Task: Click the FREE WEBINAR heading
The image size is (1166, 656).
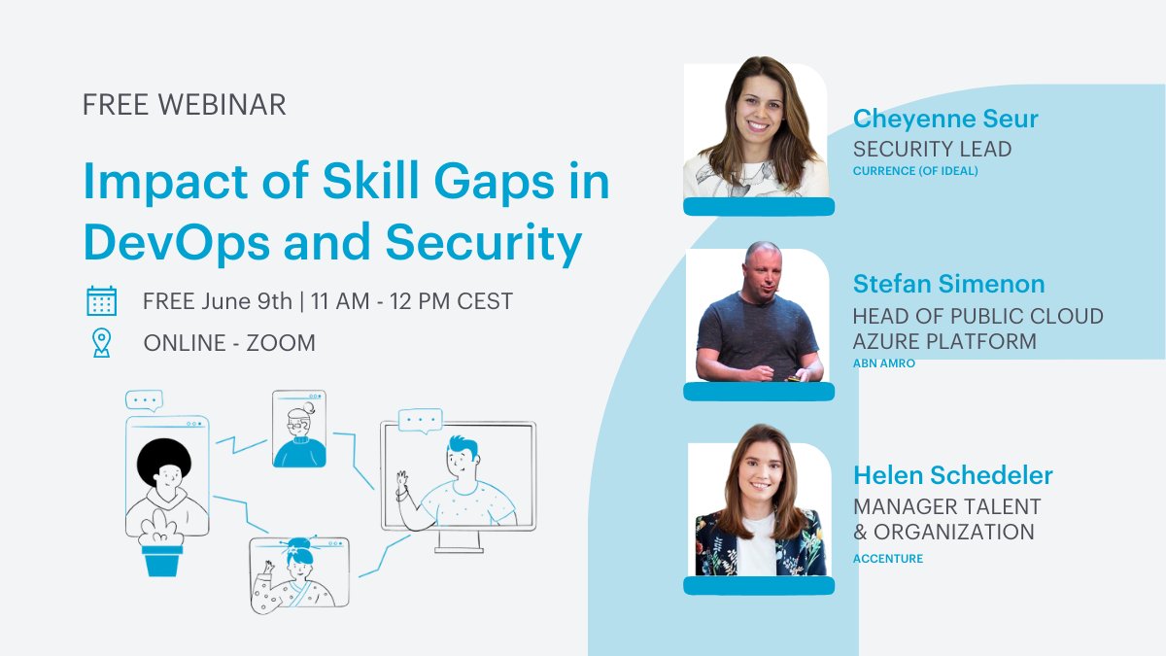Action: (x=185, y=105)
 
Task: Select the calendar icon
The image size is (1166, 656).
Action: (x=101, y=300)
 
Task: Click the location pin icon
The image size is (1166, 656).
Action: (x=101, y=343)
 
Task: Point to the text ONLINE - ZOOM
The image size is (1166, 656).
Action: (x=229, y=343)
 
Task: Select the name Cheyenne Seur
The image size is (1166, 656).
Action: (x=945, y=120)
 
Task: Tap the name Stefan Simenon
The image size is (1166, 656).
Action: (x=948, y=284)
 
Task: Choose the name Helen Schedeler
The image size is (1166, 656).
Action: (x=952, y=476)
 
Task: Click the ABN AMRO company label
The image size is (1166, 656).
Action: (x=883, y=363)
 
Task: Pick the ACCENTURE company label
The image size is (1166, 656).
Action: (x=887, y=559)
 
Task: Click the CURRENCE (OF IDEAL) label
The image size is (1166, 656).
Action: (x=915, y=172)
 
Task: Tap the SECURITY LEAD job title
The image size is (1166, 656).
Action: (x=932, y=149)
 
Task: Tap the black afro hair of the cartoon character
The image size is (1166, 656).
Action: (x=163, y=461)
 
